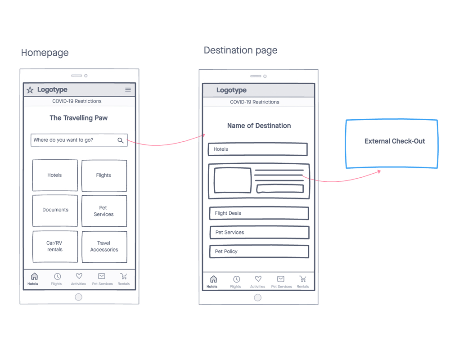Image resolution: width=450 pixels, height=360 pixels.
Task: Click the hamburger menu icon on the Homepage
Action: point(128,90)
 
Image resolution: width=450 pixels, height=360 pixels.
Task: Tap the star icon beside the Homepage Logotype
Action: point(30,90)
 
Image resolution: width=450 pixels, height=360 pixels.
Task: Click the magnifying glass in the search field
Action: point(121,140)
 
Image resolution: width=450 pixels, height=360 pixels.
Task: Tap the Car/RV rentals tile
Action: point(55,247)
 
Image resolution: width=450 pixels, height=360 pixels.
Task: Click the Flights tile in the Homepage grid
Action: point(104,175)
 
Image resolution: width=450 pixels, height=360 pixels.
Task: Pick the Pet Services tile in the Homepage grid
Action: point(104,211)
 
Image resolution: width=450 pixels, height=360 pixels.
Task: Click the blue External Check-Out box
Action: point(392,144)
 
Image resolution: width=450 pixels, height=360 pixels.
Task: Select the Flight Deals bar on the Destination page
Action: point(259,213)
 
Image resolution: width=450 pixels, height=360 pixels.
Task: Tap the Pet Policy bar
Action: point(259,252)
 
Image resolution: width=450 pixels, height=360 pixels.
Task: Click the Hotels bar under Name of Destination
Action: point(258,149)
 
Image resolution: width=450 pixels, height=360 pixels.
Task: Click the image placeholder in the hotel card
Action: point(233,180)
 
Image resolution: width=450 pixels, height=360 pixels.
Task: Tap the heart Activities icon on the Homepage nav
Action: point(79,276)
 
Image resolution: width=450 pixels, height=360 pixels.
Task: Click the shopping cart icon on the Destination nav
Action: point(303,279)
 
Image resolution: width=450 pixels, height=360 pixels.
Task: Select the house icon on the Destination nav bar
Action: point(213,279)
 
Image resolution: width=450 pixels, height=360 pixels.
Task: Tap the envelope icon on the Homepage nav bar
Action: point(102,276)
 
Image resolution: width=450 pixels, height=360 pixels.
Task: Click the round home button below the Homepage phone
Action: point(78,297)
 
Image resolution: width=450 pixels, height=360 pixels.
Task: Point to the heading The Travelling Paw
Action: point(79,118)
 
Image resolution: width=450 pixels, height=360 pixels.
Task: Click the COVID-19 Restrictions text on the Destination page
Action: point(255,102)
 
